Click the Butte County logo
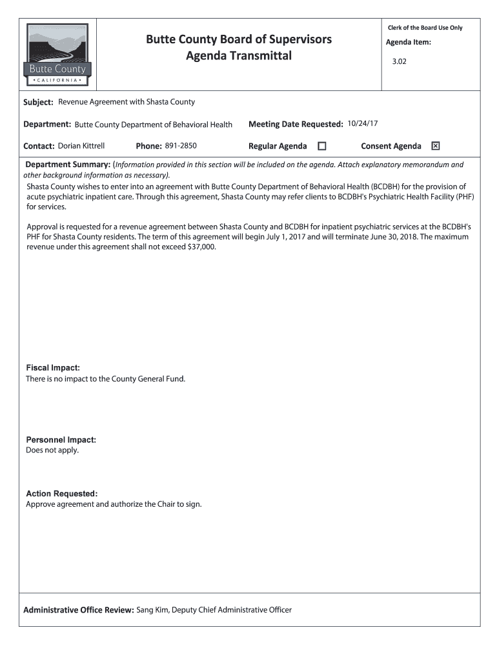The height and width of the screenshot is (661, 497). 57,56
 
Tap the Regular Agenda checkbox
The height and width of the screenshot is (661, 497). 322,146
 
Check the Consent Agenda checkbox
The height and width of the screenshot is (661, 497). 436,146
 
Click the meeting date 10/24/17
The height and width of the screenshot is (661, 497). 362,123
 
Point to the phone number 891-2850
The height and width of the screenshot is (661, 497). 180,146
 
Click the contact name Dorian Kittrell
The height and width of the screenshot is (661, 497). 81,146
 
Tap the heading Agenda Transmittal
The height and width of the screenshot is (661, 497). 239,56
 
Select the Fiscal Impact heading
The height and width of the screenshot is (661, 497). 53,368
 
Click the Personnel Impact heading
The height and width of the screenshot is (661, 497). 61,440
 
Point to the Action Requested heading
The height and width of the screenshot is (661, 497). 62,494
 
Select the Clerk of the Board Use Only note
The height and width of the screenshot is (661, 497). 425,28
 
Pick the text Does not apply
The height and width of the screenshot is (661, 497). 52,450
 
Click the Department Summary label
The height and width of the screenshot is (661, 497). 67,165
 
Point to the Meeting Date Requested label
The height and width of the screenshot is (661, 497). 295,123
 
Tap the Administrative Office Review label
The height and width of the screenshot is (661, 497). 78,610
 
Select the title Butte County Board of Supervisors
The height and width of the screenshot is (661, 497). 239,39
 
